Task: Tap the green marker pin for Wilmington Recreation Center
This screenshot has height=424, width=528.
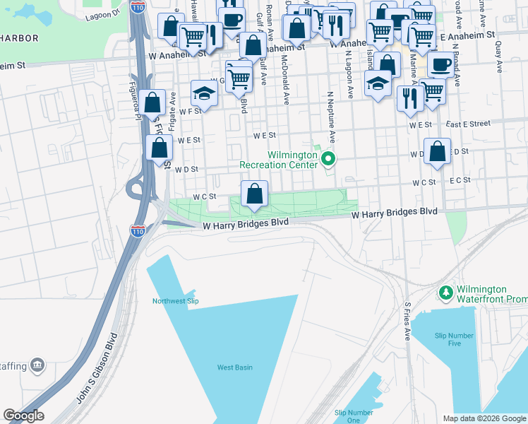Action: pyautogui.click(x=328, y=160)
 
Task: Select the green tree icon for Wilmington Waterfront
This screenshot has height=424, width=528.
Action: pyautogui.click(x=445, y=293)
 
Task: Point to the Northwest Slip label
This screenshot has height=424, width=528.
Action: pyautogui.click(x=176, y=301)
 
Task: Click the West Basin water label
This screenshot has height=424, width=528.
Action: pyautogui.click(x=234, y=367)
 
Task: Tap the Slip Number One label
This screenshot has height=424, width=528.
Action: pyautogui.click(x=354, y=416)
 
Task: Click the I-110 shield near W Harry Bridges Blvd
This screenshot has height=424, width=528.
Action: pyautogui.click(x=138, y=230)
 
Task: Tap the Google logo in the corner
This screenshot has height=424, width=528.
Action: pyautogui.click(x=23, y=416)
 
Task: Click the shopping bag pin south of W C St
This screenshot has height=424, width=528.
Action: pyautogui.click(x=254, y=194)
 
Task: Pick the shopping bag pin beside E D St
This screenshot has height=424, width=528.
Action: pyautogui.click(x=438, y=151)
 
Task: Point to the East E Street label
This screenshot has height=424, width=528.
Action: pyautogui.click(x=468, y=124)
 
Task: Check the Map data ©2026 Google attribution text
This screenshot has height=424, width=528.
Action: pyautogui.click(x=484, y=418)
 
